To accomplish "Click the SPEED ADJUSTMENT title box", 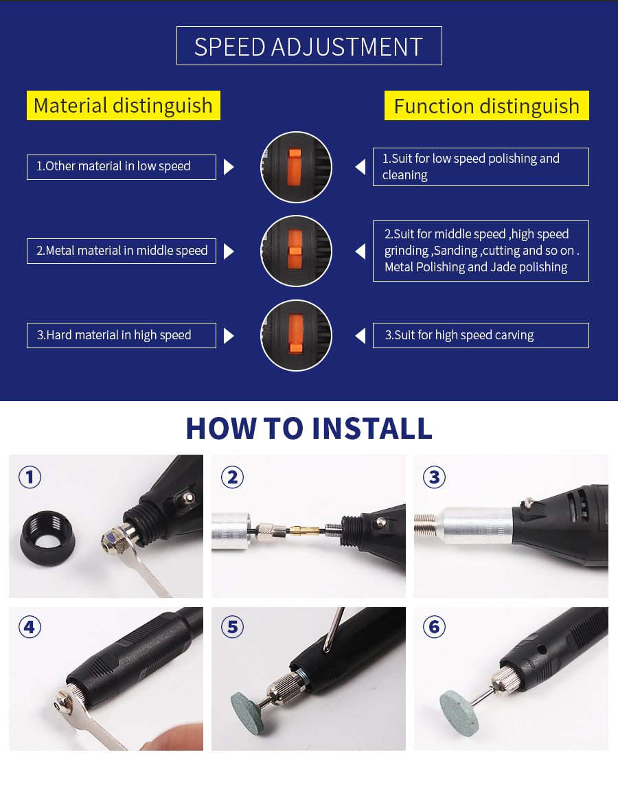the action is [309, 46].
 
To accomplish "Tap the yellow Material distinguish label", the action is [124, 106].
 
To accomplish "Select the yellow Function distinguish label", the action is [486, 106].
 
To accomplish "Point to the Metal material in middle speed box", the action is [122, 251].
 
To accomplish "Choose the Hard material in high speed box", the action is [122, 336].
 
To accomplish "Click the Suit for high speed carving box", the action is [481, 336].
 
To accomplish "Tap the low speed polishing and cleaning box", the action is [481, 167].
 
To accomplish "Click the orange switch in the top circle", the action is [295, 168].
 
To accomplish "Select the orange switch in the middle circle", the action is [295, 250].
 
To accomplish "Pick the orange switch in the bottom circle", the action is [295, 334].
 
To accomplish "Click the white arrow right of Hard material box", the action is [229, 336].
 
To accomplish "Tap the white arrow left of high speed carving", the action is [360, 336].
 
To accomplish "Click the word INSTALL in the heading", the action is [372, 428].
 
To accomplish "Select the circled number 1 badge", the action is [30, 477].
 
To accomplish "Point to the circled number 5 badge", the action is [232, 627].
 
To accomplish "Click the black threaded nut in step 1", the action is [47, 538].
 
